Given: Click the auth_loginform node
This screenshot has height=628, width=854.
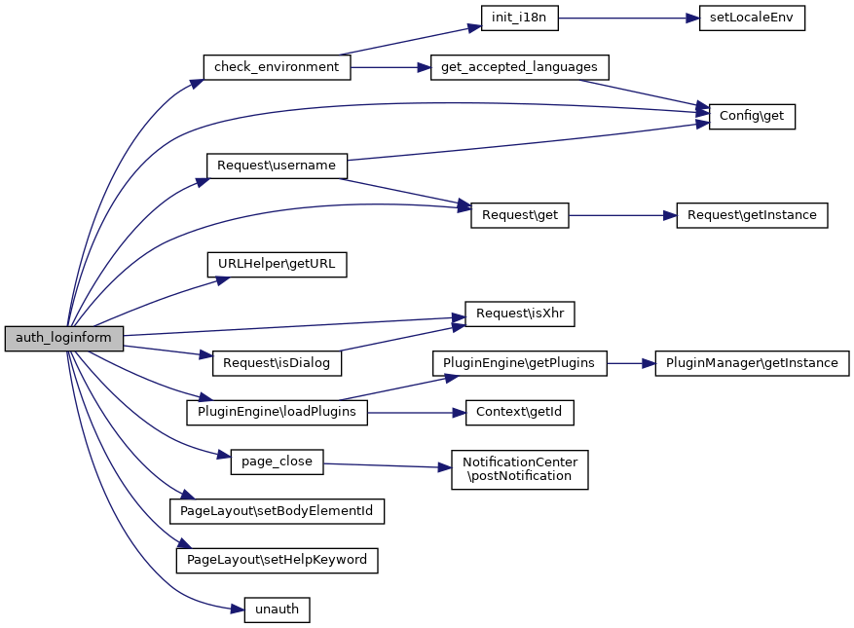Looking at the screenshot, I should point(64,339).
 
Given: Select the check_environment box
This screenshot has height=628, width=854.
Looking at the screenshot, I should point(277,67).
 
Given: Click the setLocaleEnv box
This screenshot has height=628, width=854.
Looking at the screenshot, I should point(752,18).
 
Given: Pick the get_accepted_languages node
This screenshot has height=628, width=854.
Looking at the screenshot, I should point(519,67).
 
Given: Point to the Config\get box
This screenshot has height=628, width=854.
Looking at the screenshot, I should point(752,116).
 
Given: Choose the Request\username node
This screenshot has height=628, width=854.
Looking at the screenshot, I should point(277,166).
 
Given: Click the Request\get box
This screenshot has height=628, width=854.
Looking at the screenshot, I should point(519,215).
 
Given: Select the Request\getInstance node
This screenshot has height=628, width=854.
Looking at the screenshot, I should point(752,215).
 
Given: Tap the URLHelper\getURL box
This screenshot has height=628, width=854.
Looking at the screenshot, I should point(277,264).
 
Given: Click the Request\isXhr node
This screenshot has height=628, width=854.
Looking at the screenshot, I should point(519,314).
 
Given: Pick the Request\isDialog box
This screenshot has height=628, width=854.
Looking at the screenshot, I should point(277,363).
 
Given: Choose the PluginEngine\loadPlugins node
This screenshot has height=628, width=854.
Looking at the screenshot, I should point(277,412).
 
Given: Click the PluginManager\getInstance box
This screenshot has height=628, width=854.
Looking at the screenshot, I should point(752,363).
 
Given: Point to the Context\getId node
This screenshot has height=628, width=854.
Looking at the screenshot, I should point(519,412).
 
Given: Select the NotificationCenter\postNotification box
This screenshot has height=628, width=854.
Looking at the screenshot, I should point(519,468).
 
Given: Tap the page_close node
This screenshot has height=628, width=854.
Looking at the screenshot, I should point(277,462).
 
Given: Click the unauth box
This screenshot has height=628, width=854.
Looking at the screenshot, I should point(277,610).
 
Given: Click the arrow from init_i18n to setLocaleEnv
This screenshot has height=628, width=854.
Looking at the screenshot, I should point(628,18).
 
